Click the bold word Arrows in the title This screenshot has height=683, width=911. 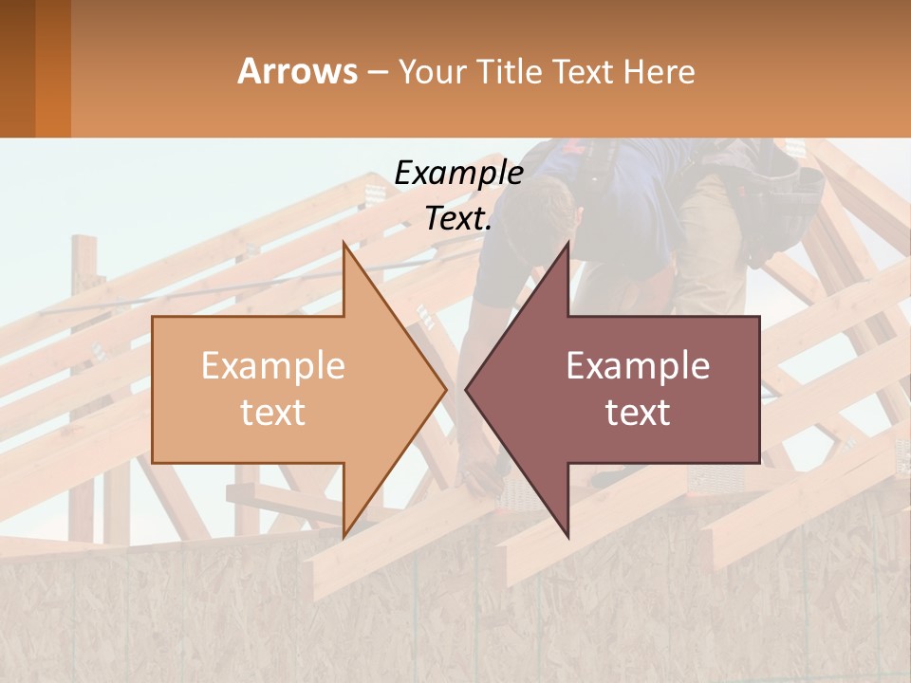(297, 71)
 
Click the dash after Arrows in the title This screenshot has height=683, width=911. (377, 73)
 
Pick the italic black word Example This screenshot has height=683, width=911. (458, 173)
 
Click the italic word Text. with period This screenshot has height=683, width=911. (458, 218)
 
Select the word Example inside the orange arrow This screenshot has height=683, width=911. (272, 365)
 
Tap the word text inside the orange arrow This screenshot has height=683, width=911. (272, 413)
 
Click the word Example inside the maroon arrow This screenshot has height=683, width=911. (638, 365)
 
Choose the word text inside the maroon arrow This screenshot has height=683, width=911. (638, 413)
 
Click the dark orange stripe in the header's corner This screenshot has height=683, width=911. (52, 68)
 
